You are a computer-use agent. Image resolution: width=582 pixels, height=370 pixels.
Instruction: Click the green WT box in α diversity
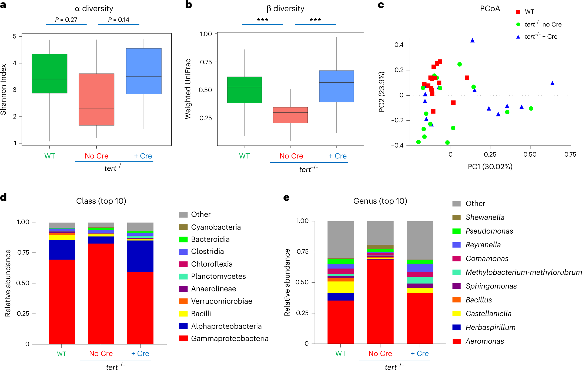tap(49, 73)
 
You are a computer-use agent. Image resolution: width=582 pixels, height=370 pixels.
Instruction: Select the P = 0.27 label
tap(66, 20)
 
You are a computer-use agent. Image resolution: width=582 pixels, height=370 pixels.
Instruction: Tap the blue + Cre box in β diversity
tap(336, 86)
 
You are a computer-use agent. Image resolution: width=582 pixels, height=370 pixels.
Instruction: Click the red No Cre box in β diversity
tap(290, 115)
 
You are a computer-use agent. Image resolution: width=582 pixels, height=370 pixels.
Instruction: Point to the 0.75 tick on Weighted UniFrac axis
tap(206, 62)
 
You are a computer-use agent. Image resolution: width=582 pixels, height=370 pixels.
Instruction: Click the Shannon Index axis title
tap(4, 89)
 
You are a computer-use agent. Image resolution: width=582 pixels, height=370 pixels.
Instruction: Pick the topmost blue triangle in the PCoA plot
tap(472, 41)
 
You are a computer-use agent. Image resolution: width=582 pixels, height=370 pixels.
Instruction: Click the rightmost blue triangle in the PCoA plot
tap(552, 83)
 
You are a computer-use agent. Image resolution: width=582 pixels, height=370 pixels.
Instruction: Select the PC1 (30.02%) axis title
tap(490, 166)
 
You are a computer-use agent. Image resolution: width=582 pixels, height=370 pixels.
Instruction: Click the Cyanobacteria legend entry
tap(216, 227)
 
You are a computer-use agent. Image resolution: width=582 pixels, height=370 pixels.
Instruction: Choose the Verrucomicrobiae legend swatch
tap(183, 301)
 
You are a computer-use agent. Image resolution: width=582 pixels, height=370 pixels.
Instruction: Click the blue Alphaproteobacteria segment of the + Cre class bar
tap(140, 256)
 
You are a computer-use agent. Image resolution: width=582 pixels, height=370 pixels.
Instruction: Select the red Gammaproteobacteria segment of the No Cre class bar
tap(101, 294)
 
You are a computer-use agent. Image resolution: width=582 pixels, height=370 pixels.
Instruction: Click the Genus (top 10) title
tap(380, 201)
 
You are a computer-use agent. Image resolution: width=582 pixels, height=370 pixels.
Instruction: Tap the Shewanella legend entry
tap(485, 217)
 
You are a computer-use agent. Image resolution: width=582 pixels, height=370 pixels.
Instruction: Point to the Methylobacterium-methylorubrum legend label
tap(523, 272)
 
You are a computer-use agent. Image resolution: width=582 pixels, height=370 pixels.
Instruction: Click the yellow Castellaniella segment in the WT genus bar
tap(340, 287)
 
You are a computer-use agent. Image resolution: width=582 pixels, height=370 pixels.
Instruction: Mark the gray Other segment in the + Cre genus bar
tap(420, 240)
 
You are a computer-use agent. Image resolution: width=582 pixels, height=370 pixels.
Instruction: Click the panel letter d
tap(4, 197)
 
